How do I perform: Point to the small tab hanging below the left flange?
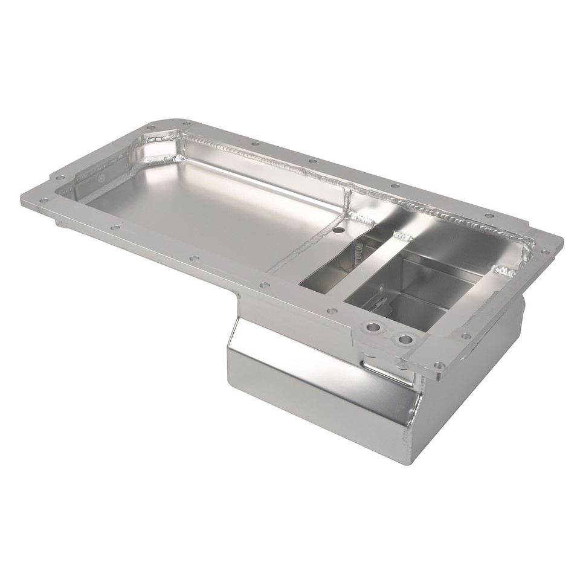(x=61, y=224)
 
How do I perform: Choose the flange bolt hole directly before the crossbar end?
(x=331, y=311)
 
